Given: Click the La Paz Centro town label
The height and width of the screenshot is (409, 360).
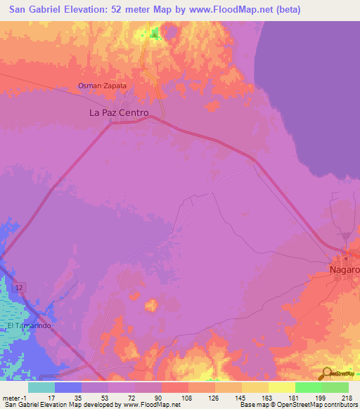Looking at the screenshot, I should point(119,112).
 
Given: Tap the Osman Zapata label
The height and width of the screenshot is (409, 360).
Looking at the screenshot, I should point(102,86).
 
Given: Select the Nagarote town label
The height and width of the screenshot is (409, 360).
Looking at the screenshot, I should point(345,269).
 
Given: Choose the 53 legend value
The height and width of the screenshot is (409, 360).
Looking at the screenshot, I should point(103,398).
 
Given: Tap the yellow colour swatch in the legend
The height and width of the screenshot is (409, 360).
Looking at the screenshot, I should point(281,387).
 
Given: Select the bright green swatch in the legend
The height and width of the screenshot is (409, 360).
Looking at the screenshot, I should point(308,387).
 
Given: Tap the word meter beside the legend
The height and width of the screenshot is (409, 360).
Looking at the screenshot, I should point(10,398).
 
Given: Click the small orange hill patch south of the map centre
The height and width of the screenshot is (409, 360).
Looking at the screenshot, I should point(150,305).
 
